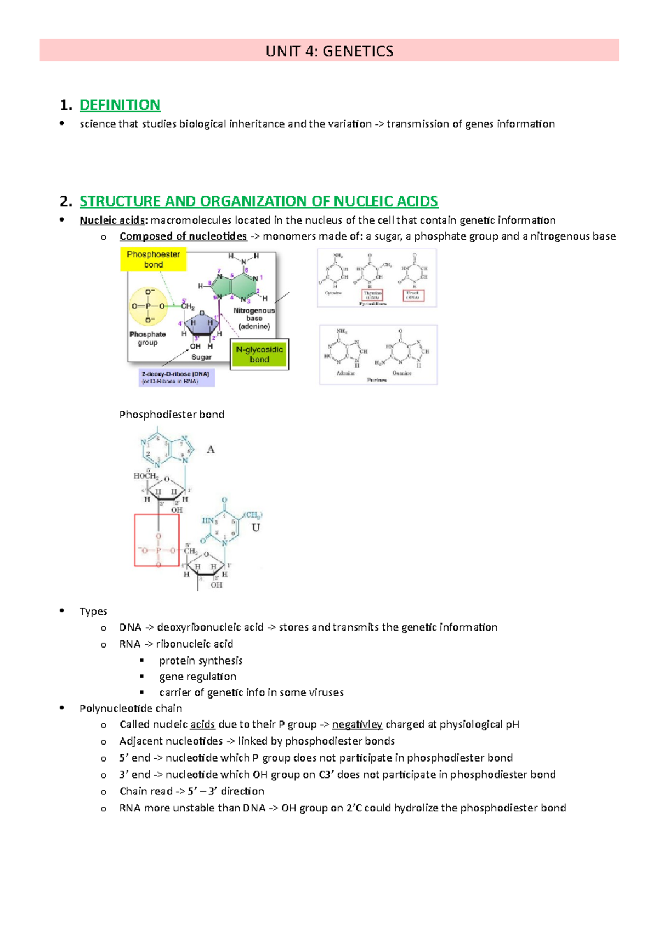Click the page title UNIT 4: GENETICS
(329, 51)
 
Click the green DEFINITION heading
(120, 105)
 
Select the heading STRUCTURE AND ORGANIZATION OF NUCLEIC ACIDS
(258, 201)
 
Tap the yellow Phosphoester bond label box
(153, 259)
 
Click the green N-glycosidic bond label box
(259, 354)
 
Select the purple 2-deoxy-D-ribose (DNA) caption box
(176, 378)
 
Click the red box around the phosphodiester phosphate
(157, 540)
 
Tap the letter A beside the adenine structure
(211, 450)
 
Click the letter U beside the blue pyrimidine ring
(256, 527)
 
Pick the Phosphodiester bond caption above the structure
(172, 415)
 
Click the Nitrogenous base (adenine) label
(254, 318)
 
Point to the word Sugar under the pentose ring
(201, 357)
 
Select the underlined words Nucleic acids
(113, 220)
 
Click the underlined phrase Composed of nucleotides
(183, 236)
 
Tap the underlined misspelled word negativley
(357, 724)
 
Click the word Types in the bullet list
(93, 611)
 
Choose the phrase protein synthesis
(201, 661)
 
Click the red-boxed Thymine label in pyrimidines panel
(372, 296)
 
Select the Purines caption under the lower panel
(377, 379)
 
